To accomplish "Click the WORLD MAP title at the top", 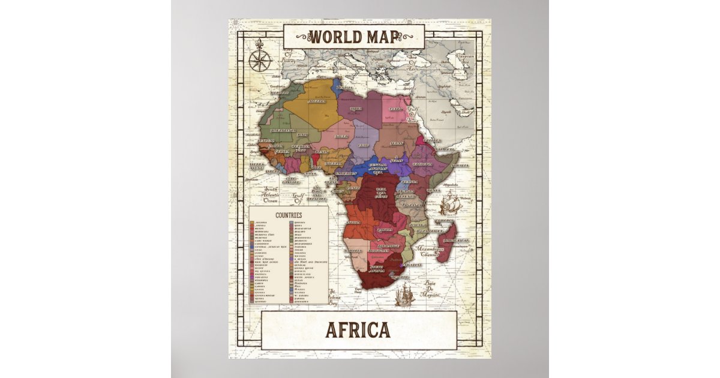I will tap(353, 37).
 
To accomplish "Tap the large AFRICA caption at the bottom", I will tap(358, 330).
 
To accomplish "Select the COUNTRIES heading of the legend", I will tap(288, 214).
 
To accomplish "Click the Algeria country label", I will tap(317, 102).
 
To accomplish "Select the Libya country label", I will tap(356, 109).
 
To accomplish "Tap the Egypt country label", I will tap(395, 109).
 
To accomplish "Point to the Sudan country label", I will tap(396, 144).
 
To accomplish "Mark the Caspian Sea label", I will tap(463, 59).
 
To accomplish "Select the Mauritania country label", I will tap(283, 130).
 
